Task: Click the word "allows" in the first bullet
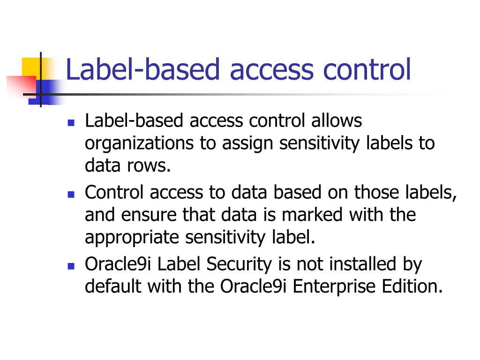(337, 121)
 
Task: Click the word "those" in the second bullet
(379, 192)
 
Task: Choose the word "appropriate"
(133, 238)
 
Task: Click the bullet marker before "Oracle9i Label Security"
(71, 266)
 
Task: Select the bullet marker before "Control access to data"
(71, 194)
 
